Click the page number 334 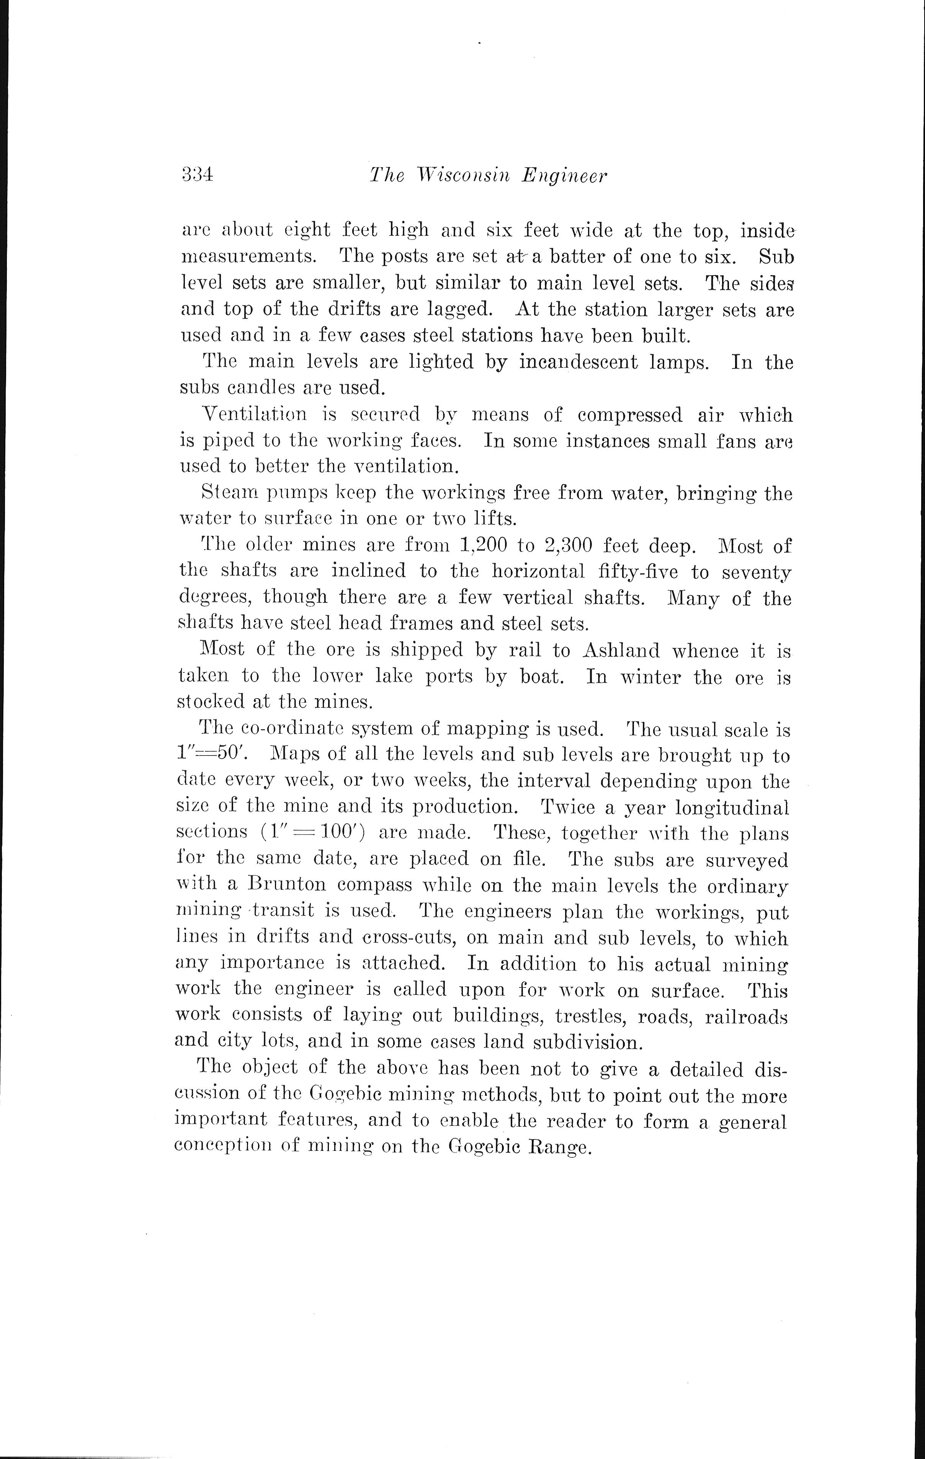(197, 175)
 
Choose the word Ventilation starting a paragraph (254, 415)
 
